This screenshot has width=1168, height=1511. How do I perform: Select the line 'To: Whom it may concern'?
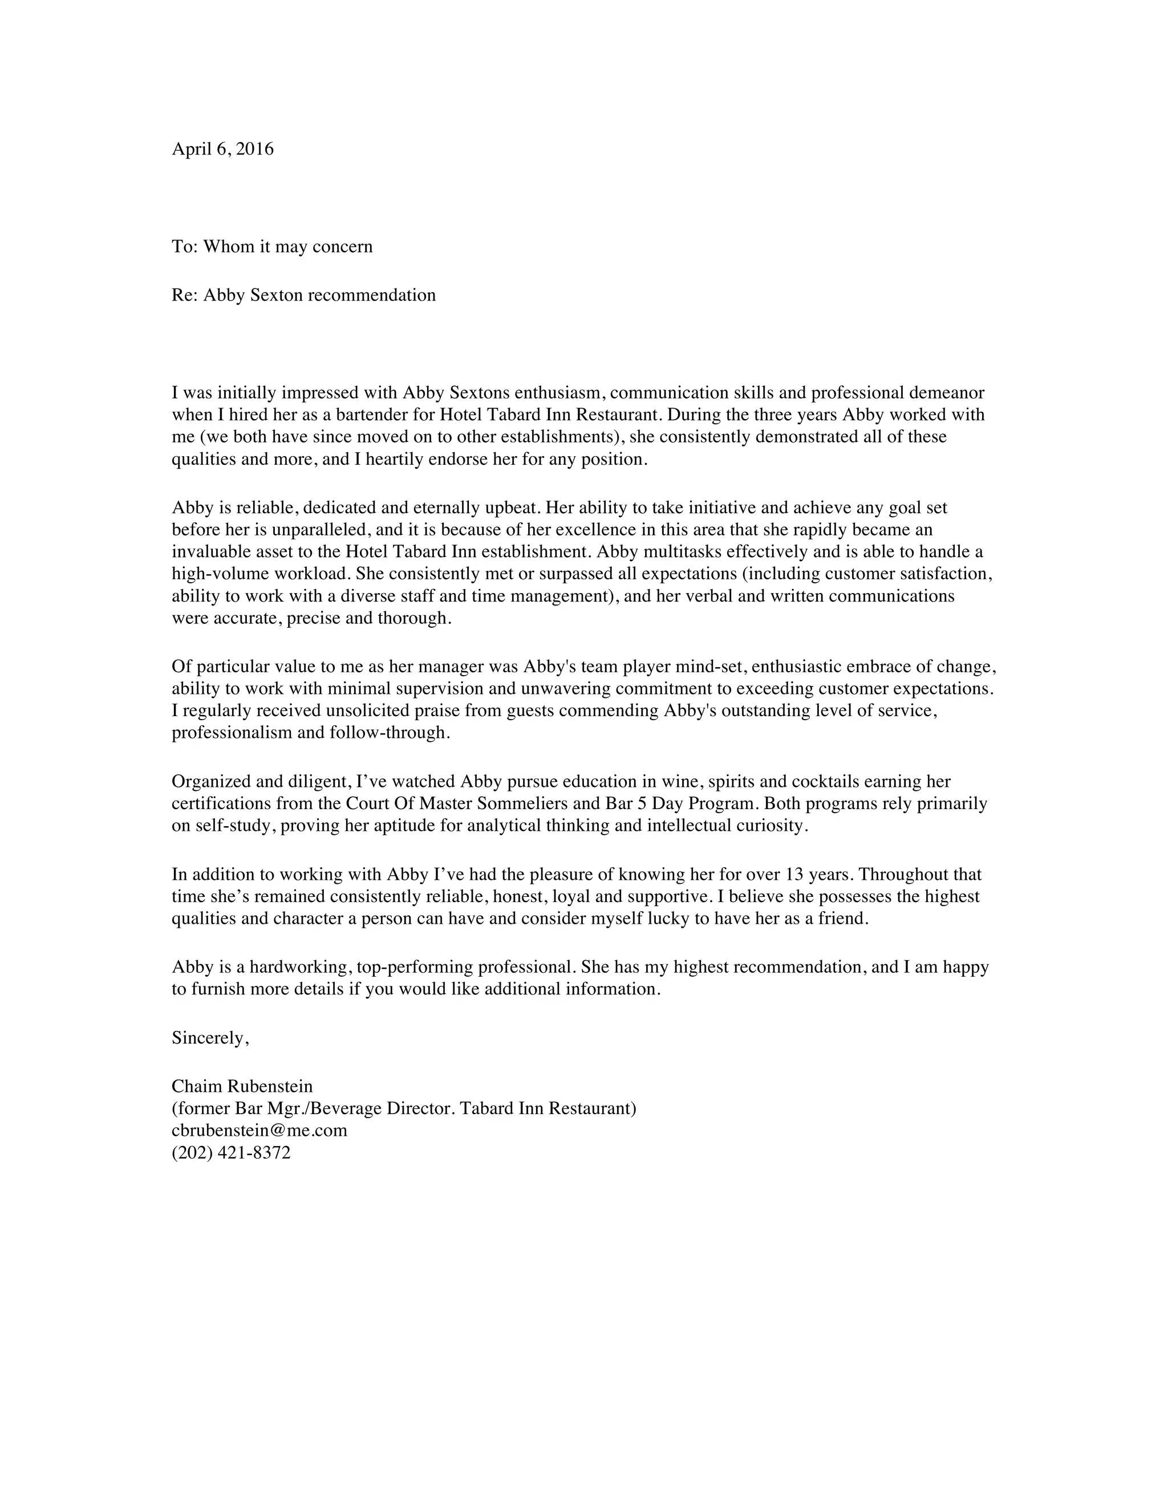pos(272,246)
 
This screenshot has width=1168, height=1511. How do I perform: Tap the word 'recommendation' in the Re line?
pos(372,295)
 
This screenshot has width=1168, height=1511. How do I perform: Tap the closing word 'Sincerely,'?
pos(210,1038)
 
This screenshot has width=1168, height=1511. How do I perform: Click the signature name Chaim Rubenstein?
pos(242,1086)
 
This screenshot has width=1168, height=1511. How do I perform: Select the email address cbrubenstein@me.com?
pos(259,1131)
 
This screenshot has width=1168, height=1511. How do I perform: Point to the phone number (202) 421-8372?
pos(231,1152)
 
